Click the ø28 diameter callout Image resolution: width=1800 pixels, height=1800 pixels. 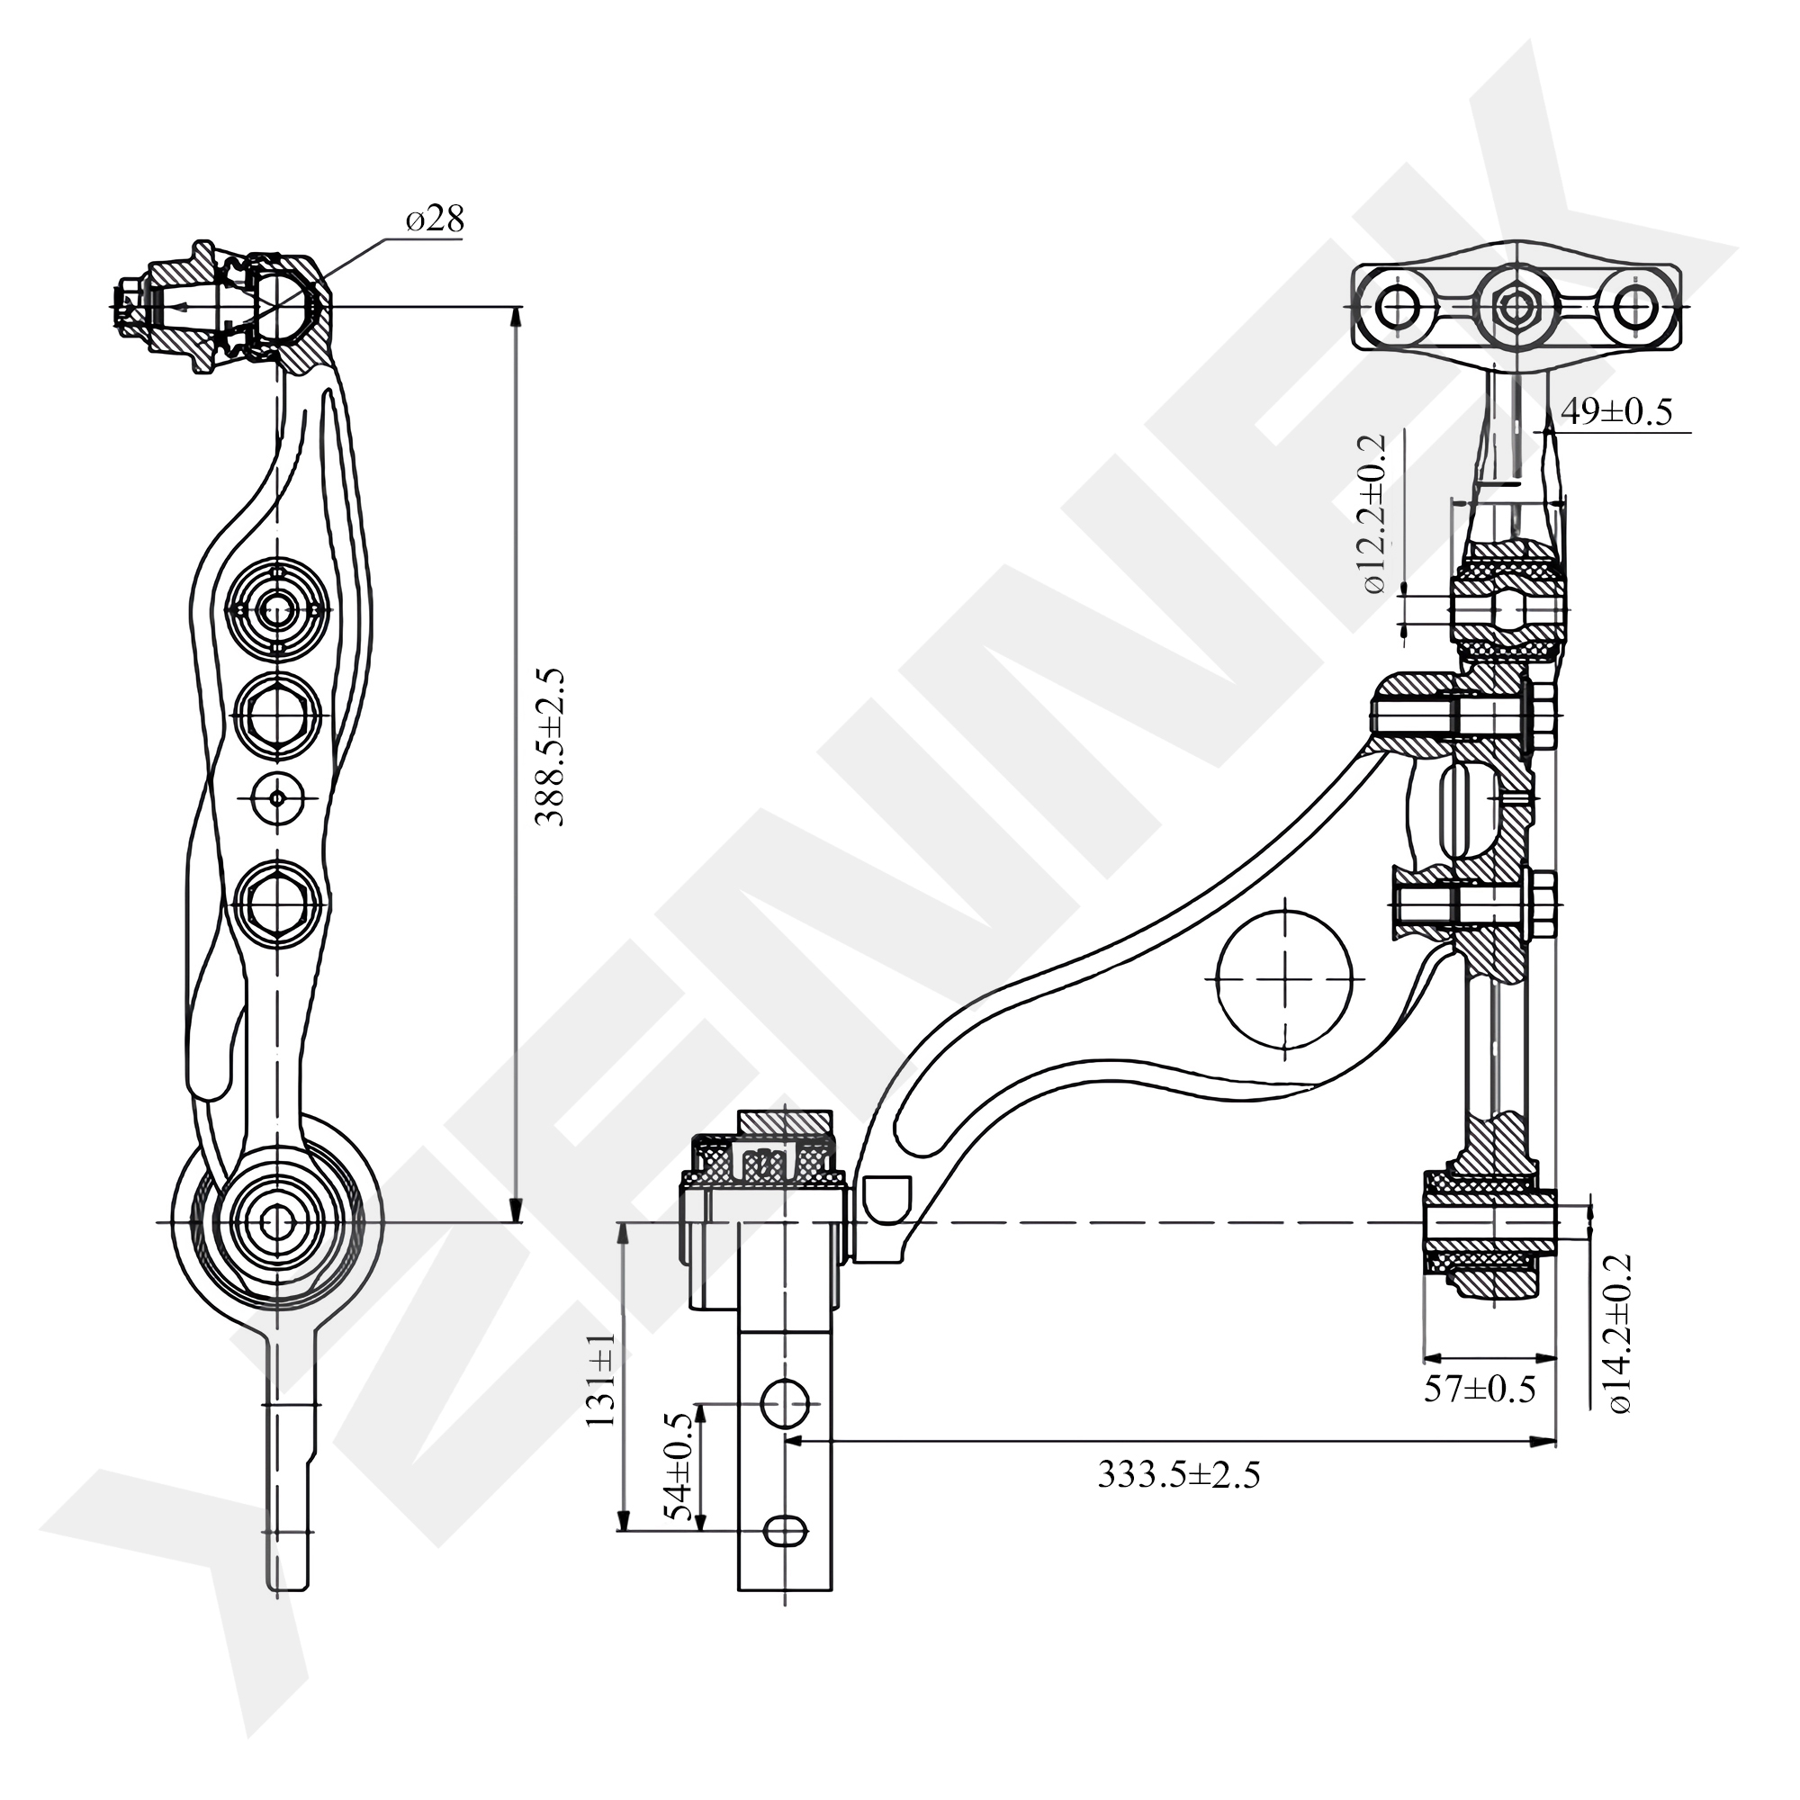[x=434, y=220]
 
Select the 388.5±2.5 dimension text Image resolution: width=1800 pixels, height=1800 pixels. [x=551, y=747]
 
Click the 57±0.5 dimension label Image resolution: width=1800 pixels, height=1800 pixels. [x=1480, y=1415]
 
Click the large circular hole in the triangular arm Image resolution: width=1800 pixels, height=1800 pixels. [x=1285, y=979]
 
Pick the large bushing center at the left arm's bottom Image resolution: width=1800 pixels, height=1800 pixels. [x=276, y=1221]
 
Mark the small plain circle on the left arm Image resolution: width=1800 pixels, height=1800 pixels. [x=277, y=797]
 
